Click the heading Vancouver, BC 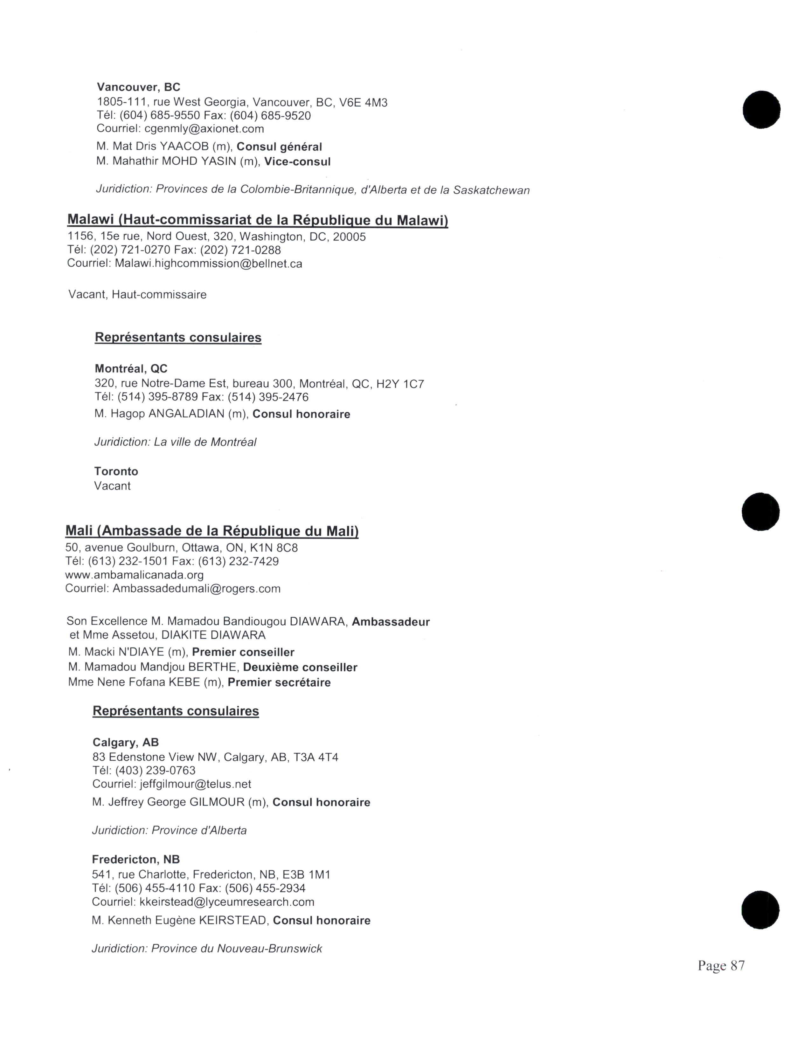point(138,87)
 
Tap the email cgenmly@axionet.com point(204,129)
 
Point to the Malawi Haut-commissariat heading point(258,220)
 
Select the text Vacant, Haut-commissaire point(137,294)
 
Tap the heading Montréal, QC point(131,368)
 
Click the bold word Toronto point(116,471)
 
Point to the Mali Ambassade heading point(212,531)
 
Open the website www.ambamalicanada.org point(135,575)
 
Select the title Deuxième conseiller point(300,668)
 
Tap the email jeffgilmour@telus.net point(196,784)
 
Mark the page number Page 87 point(721,965)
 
